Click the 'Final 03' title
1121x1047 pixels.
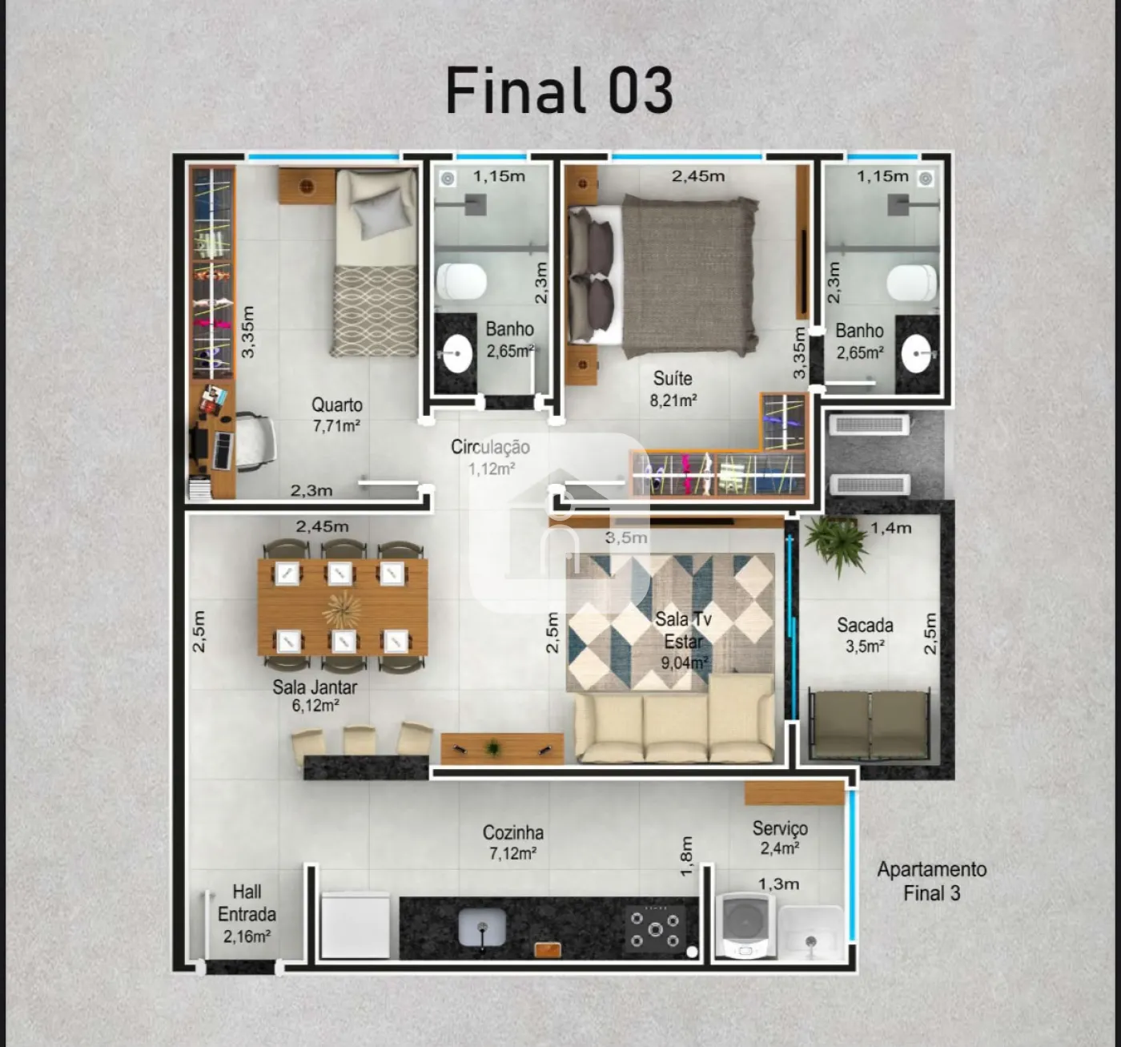click(x=560, y=91)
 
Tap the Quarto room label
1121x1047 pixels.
click(x=337, y=414)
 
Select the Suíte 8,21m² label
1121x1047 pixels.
click(x=673, y=389)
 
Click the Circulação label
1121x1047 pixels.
click(x=490, y=457)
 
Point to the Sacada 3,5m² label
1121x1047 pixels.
click(x=865, y=635)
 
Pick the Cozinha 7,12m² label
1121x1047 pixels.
click(x=513, y=842)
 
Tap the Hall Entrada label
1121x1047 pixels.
click(x=247, y=914)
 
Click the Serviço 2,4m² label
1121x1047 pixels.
click(x=780, y=838)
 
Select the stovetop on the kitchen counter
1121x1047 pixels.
click(x=655, y=929)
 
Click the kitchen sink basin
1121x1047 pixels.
click(x=482, y=928)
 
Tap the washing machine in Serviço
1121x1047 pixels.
click(x=745, y=926)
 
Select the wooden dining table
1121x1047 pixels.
click(x=343, y=607)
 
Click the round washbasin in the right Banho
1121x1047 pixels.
click(x=916, y=354)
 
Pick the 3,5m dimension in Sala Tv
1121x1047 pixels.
click(x=626, y=538)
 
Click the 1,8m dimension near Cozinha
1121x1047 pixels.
click(x=686, y=856)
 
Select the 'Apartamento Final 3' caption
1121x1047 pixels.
click(x=932, y=881)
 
